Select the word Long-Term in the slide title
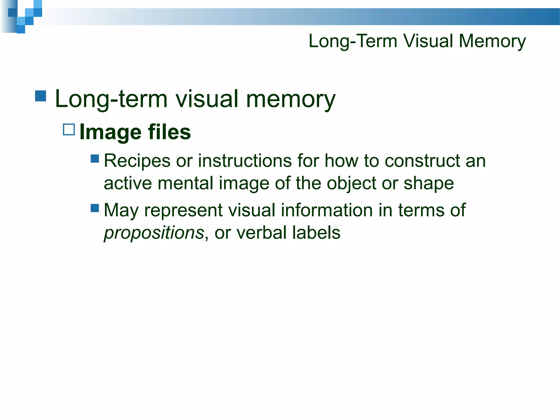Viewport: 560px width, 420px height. [x=353, y=41]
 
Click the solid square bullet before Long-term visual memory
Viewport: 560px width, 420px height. [x=41, y=96]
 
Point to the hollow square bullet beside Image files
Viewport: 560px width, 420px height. [x=69, y=130]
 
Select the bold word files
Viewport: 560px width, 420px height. [x=169, y=132]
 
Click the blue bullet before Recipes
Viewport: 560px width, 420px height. [x=95, y=159]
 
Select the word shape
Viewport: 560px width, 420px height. [x=429, y=183]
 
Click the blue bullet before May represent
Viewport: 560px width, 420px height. [x=95, y=208]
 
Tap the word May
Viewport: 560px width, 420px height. [x=121, y=211]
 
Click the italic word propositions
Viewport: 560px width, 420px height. [x=154, y=233]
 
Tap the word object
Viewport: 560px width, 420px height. [x=351, y=183]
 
